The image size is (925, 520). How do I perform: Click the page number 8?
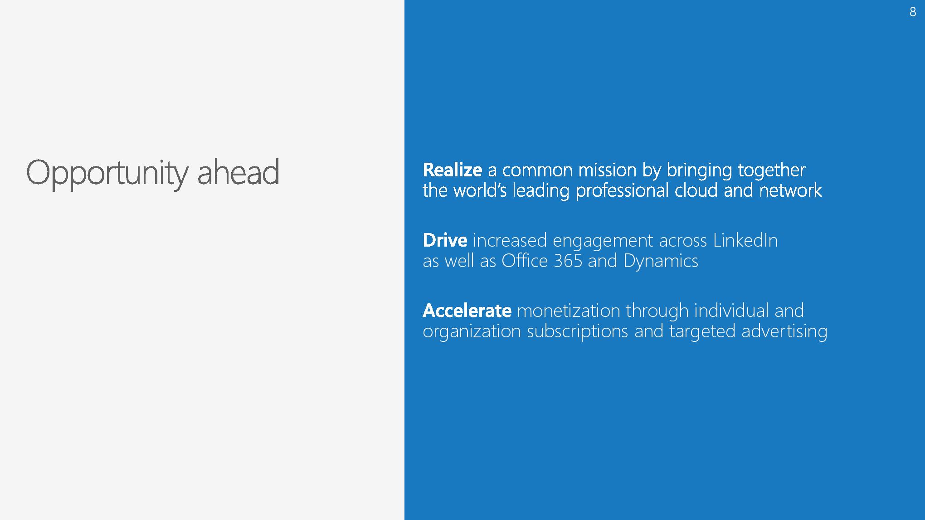coord(913,12)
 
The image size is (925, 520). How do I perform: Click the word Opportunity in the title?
coord(107,173)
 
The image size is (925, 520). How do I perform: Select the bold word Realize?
coord(452,170)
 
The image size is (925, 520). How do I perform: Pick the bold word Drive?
coord(445,240)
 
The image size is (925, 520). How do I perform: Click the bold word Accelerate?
coord(467,311)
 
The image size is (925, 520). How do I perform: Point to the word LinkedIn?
coord(745,240)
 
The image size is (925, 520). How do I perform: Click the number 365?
coord(568,261)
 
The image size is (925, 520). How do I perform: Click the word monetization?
coord(568,311)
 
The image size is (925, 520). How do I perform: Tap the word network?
coord(790,190)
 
